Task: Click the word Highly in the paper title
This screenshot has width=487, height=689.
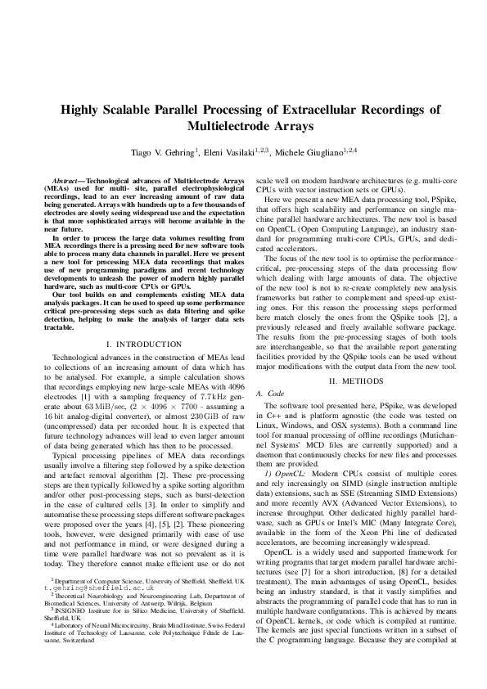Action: click(x=79, y=110)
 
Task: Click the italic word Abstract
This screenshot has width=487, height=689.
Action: click(x=66, y=178)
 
